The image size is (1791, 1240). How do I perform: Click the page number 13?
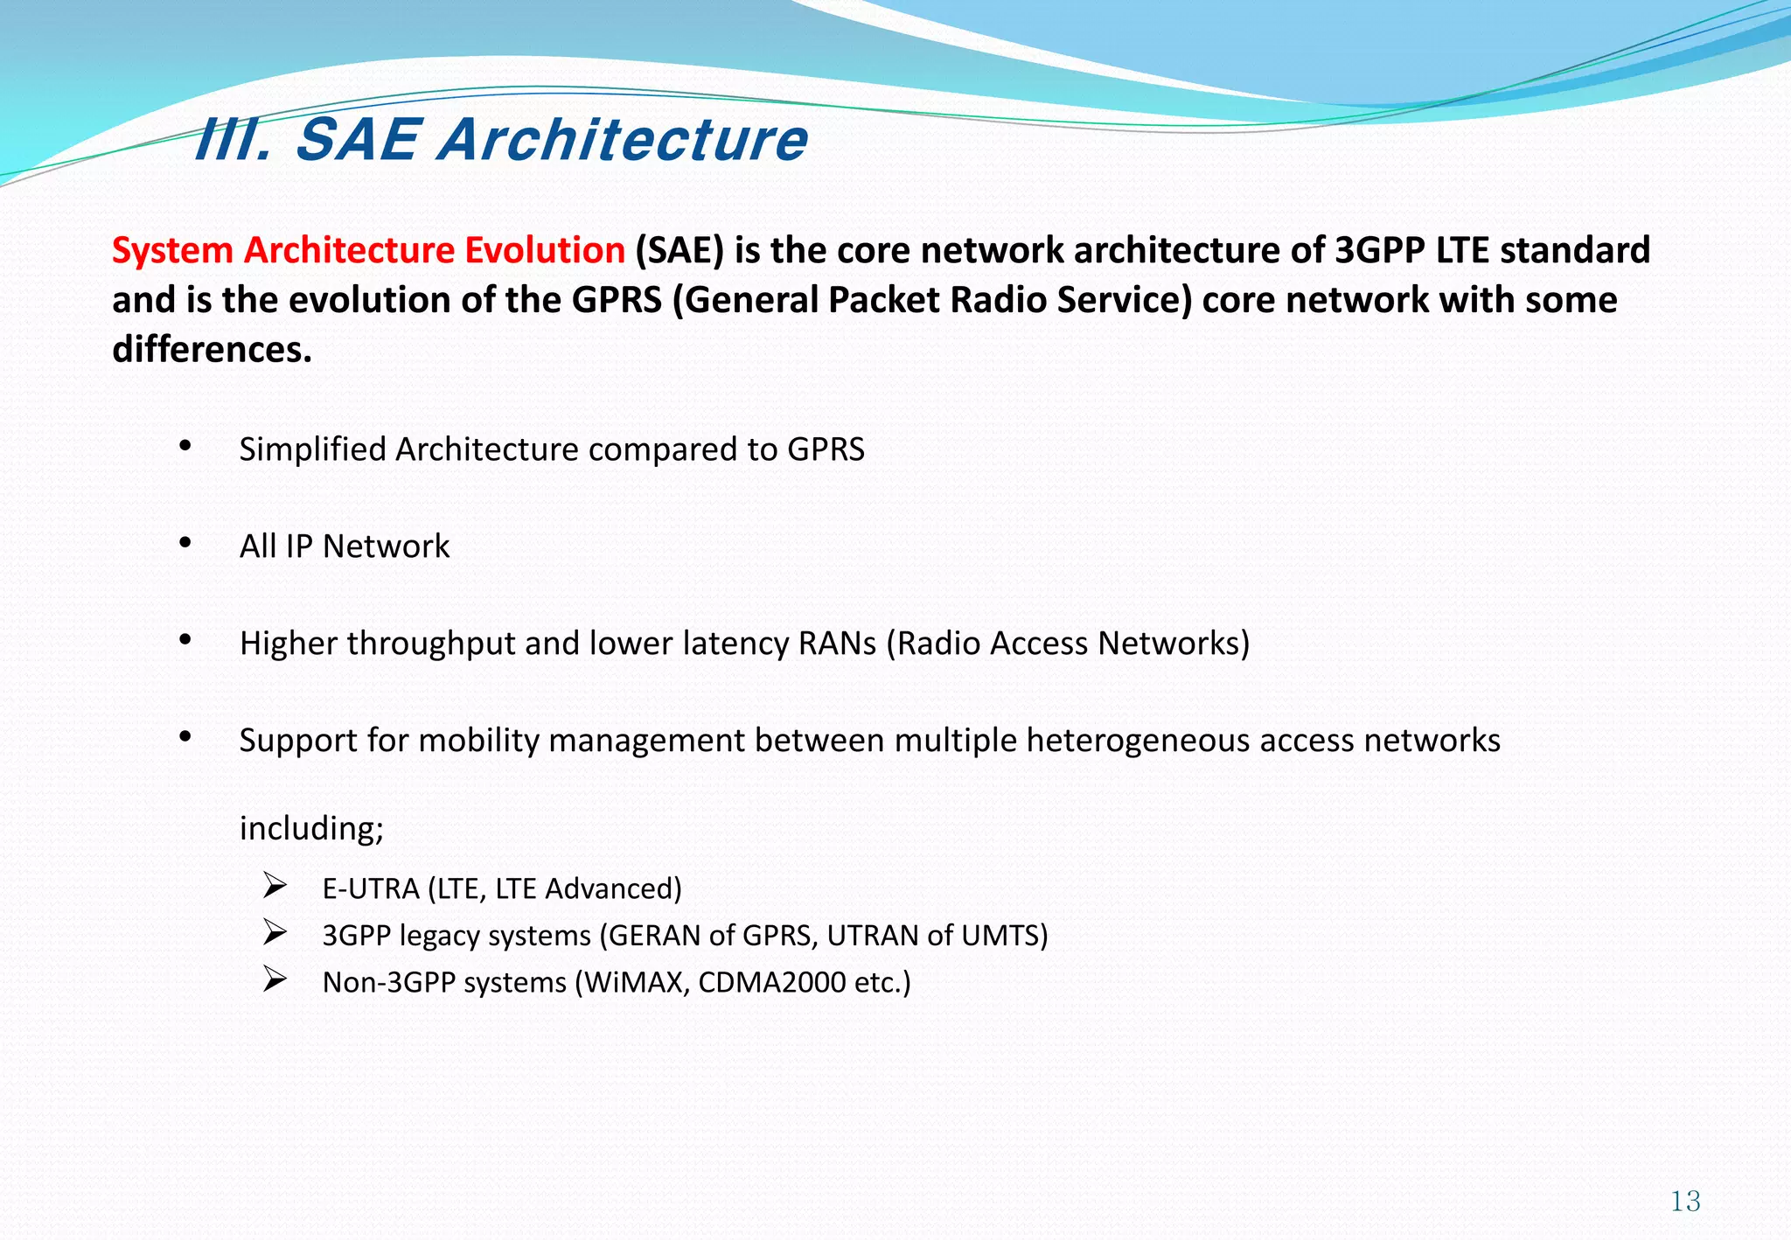[x=1684, y=1201]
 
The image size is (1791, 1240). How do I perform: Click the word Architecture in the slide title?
[x=623, y=140]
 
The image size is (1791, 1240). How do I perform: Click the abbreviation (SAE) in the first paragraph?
[x=679, y=250]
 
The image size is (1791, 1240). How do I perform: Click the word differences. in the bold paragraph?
[x=212, y=350]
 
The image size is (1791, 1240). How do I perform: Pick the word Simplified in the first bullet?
[x=312, y=449]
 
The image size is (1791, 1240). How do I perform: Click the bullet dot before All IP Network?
[x=185, y=543]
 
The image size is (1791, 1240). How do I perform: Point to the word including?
[x=311, y=828]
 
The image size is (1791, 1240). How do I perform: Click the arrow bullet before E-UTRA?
[x=275, y=888]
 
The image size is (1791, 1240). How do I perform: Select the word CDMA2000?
[x=772, y=983]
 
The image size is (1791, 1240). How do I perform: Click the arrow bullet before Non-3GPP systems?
[x=275, y=981]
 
